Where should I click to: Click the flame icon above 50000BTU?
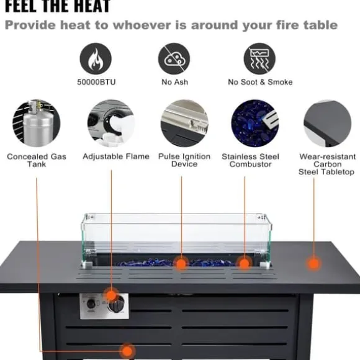(x=96, y=59)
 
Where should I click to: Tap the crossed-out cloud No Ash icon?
(x=174, y=59)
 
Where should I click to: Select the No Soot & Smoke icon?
(x=259, y=59)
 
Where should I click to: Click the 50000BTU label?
(x=96, y=82)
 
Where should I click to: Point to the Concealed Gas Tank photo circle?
(x=37, y=124)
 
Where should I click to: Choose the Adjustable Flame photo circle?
(x=111, y=124)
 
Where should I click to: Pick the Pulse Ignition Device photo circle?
(x=184, y=124)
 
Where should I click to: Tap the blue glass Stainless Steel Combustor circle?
(x=255, y=124)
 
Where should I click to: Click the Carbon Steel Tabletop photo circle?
(x=327, y=124)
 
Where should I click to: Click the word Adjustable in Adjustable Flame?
(x=102, y=156)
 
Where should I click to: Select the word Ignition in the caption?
(x=196, y=156)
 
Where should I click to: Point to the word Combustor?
(x=251, y=164)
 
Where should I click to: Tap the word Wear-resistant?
(x=328, y=156)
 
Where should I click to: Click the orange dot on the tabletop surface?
(x=313, y=264)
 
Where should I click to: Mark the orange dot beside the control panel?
(x=111, y=295)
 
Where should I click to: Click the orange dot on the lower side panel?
(x=127, y=351)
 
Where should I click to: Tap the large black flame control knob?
(x=116, y=305)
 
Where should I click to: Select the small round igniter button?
(x=91, y=304)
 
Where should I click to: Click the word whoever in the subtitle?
(x=142, y=25)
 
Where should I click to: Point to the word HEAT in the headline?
(x=92, y=6)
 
